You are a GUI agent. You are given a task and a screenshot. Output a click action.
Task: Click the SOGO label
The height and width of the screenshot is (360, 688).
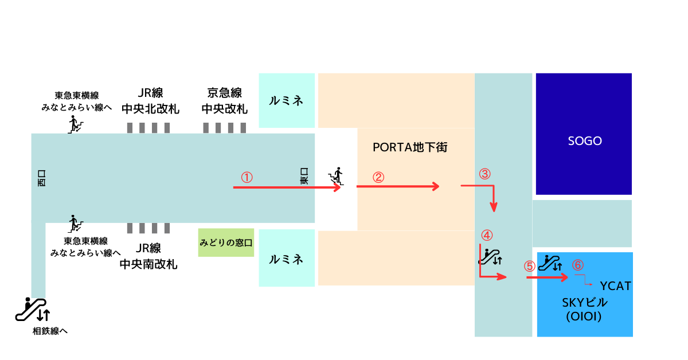(x=585, y=141)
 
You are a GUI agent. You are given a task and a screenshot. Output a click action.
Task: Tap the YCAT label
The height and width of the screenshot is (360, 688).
(x=615, y=286)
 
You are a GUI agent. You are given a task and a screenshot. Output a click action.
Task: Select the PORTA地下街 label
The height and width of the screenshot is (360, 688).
(x=410, y=147)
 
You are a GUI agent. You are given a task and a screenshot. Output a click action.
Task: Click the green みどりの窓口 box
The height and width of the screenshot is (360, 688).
(x=226, y=242)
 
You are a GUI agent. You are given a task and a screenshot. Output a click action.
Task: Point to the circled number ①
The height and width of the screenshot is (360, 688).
(x=247, y=177)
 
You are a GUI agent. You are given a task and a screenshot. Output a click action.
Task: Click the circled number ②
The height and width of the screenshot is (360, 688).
(x=378, y=177)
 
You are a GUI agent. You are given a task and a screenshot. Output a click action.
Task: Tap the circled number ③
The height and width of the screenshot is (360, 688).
(x=484, y=174)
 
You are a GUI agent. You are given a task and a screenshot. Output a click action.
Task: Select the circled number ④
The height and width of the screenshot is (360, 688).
(x=487, y=235)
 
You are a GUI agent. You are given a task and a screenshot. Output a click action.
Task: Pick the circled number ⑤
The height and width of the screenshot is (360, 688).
(x=530, y=266)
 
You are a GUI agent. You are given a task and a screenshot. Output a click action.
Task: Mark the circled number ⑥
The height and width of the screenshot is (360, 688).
(x=578, y=265)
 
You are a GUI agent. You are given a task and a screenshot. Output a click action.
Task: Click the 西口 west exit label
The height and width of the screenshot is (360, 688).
(x=41, y=178)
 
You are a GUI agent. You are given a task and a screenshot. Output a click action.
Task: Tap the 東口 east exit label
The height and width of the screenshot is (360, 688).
(x=304, y=176)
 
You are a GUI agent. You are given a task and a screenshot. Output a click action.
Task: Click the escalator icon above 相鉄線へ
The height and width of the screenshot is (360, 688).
(x=33, y=309)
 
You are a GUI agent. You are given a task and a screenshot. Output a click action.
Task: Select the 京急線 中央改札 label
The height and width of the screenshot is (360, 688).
(x=225, y=101)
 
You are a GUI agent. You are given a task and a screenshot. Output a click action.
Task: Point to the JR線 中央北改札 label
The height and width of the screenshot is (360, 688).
(x=150, y=101)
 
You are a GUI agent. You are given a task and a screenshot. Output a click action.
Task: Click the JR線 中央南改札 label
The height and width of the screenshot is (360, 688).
(x=148, y=256)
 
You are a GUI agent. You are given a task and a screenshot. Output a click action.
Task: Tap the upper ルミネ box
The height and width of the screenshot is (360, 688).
(x=287, y=100)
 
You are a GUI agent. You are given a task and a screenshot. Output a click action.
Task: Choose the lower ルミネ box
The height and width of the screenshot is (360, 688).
(x=287, y=258)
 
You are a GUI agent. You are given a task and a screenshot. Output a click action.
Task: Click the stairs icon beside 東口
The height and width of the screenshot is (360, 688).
(x=336, y=177)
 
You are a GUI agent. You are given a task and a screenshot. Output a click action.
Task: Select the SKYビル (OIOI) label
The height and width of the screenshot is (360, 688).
(x=584, y=310)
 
